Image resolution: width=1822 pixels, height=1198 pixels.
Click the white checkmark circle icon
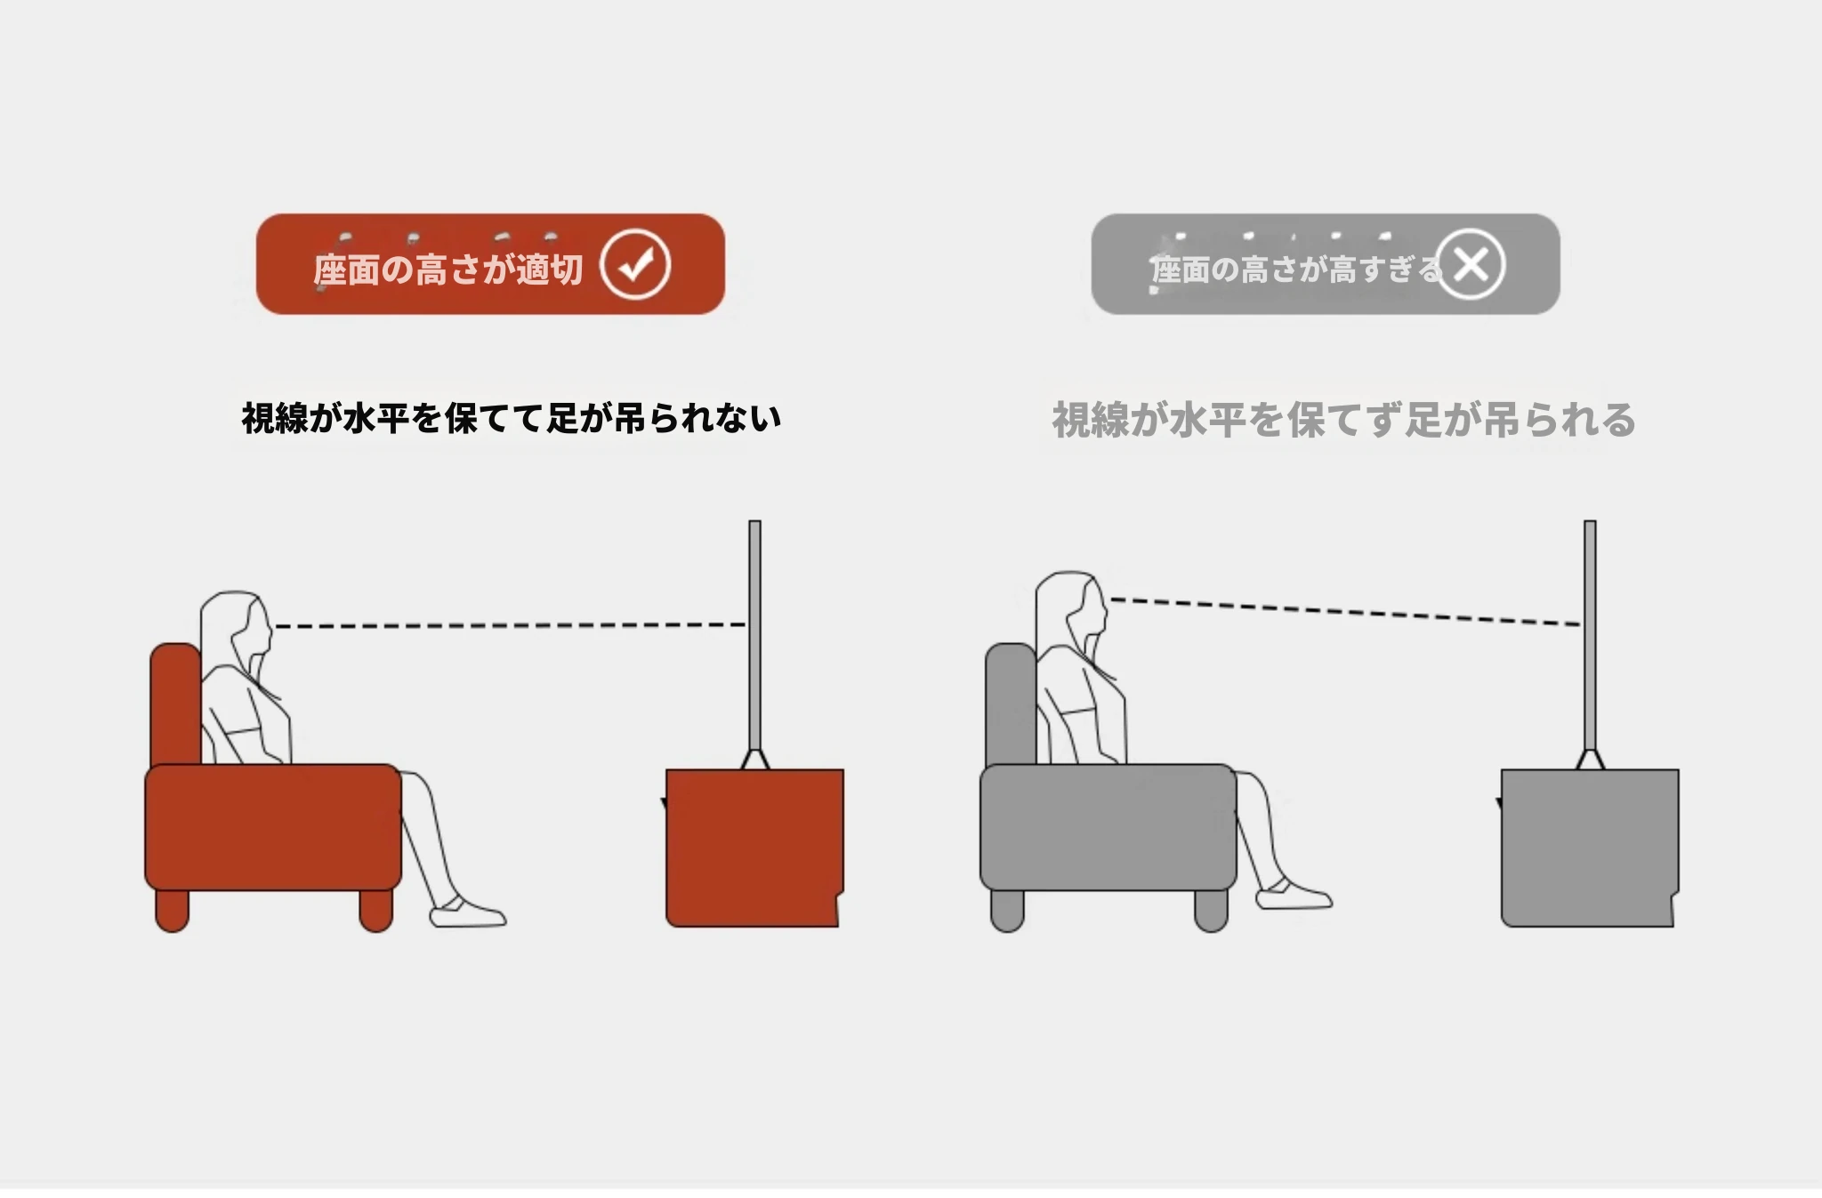click(x=634, y=264)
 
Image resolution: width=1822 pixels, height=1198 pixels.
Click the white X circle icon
click(x=1470, y=264)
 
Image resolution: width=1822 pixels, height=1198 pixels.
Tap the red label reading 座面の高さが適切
click(x=448, y=269)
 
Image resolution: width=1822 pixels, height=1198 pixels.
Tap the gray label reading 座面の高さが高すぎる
click(x=1295, y=269)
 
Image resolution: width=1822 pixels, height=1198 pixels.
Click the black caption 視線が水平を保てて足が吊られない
click(x=512, y=418)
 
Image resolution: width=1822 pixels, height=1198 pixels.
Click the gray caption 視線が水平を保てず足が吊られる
click(x=1344, y=420)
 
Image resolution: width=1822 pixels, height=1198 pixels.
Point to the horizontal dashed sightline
click(x=510, y=626)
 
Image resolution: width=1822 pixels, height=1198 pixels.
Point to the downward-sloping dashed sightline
click(x=1345, y=612)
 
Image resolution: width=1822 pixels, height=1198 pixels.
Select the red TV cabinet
click(x=754, y=848)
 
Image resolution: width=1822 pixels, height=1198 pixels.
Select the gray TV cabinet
click(x=1590, y=848)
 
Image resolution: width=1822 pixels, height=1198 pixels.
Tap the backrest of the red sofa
click(x=175, y=704)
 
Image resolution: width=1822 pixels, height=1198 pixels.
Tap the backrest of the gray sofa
click(x=1011, y=704)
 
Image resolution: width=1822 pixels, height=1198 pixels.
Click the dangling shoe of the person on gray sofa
click(x=1294, y=894)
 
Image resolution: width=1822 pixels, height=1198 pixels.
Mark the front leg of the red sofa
click(x=376, y=910)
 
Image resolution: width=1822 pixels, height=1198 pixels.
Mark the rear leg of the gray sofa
click(x=1007, y=910)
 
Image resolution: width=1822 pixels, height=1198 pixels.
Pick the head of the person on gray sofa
click(x=1072, y=612)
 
